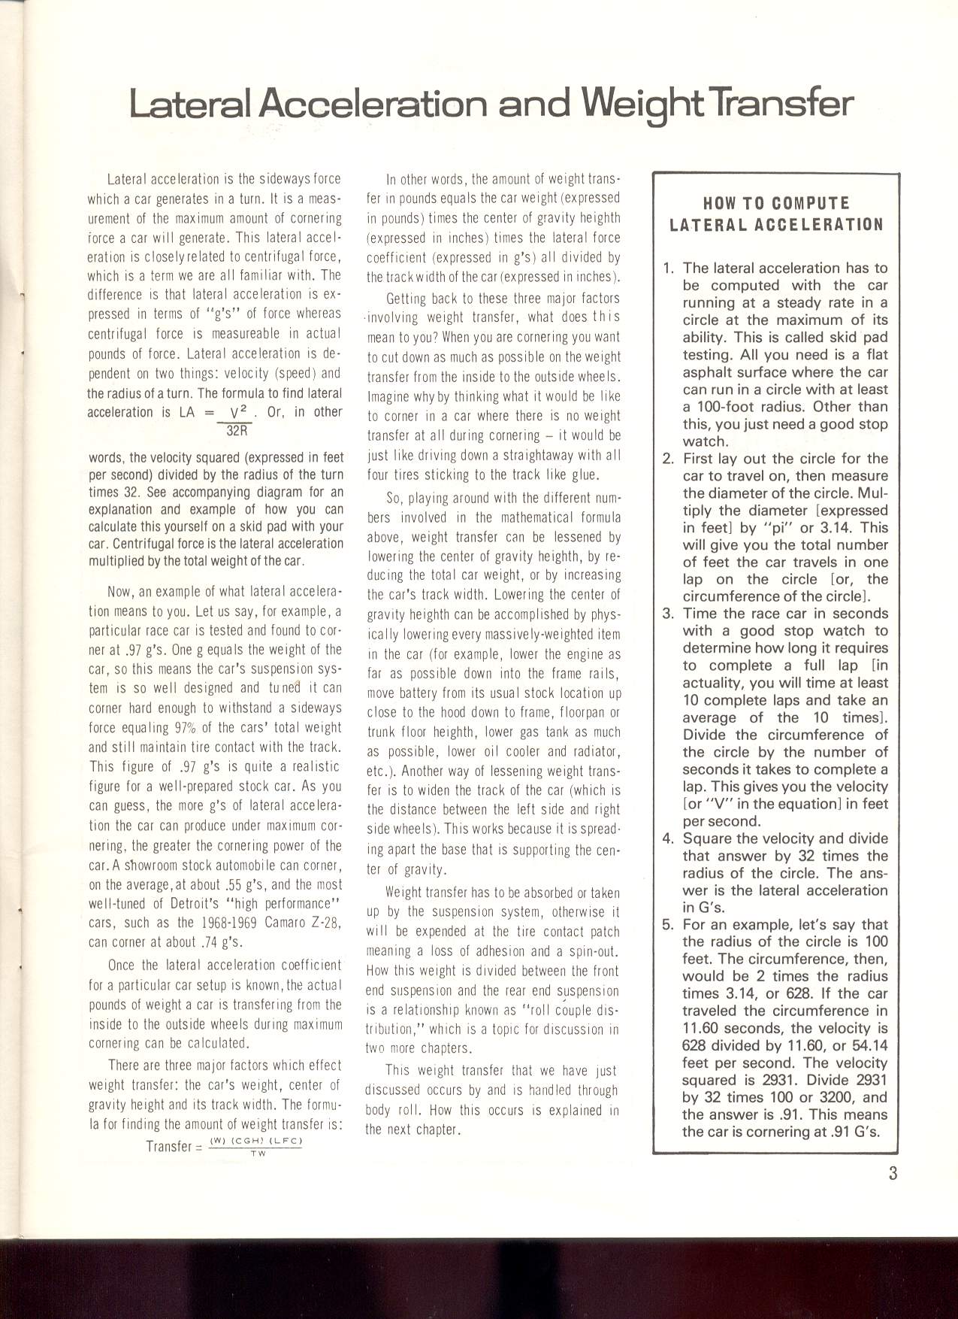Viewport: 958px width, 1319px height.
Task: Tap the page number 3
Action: tap(893, 1172)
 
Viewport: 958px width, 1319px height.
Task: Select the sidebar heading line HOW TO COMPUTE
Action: tap(776, 203)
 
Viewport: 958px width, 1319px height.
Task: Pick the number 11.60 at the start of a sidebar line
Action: tap(703, 1029)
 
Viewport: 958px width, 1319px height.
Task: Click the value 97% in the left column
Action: tap(185, 727)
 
